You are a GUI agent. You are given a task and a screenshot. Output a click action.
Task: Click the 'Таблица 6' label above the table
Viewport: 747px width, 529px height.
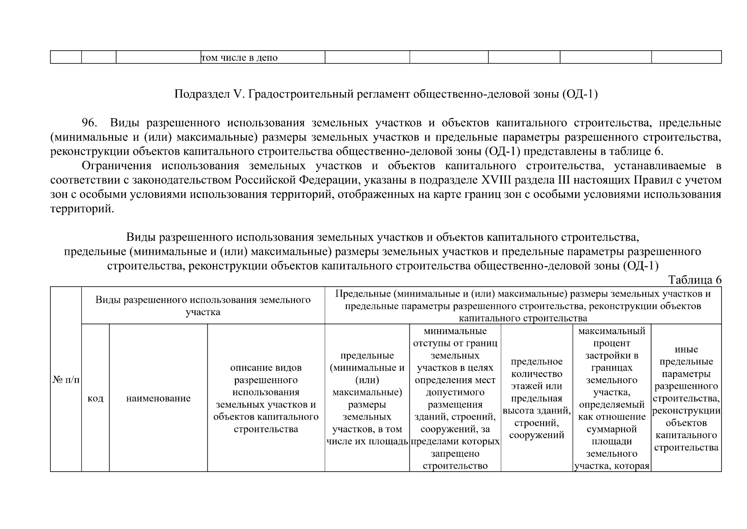[695, 280]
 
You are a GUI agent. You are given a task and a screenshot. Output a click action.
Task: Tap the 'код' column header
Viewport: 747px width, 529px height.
[96, 399]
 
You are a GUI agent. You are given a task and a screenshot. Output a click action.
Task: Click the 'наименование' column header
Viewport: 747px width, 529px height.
[158, 399]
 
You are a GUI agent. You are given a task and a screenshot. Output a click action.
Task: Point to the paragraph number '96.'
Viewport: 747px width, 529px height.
[91, 123]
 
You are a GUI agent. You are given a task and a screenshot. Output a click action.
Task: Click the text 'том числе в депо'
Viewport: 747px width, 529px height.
[239, 58]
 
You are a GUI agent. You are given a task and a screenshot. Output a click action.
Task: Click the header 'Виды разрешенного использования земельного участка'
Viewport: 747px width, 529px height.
[203, 306]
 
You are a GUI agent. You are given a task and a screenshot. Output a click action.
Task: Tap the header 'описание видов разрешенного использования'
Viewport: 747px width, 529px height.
[266, 398]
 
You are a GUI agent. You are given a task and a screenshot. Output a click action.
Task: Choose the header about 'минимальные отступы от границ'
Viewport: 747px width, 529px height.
[455, 398]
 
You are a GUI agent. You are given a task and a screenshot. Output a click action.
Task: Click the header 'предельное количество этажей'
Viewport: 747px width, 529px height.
[537, 398]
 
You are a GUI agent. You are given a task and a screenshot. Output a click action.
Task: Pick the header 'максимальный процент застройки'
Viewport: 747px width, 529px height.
[611, 398]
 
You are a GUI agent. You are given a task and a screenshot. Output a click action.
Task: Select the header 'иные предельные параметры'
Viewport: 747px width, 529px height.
[686, 398]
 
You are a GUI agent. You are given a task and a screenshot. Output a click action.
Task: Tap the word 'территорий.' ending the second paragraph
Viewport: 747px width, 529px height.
[82, 209]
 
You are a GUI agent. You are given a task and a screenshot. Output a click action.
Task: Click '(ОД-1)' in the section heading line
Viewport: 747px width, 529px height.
[580, 94]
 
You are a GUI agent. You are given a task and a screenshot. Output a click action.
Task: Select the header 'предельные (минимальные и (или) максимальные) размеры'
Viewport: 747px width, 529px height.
[367, 398]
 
